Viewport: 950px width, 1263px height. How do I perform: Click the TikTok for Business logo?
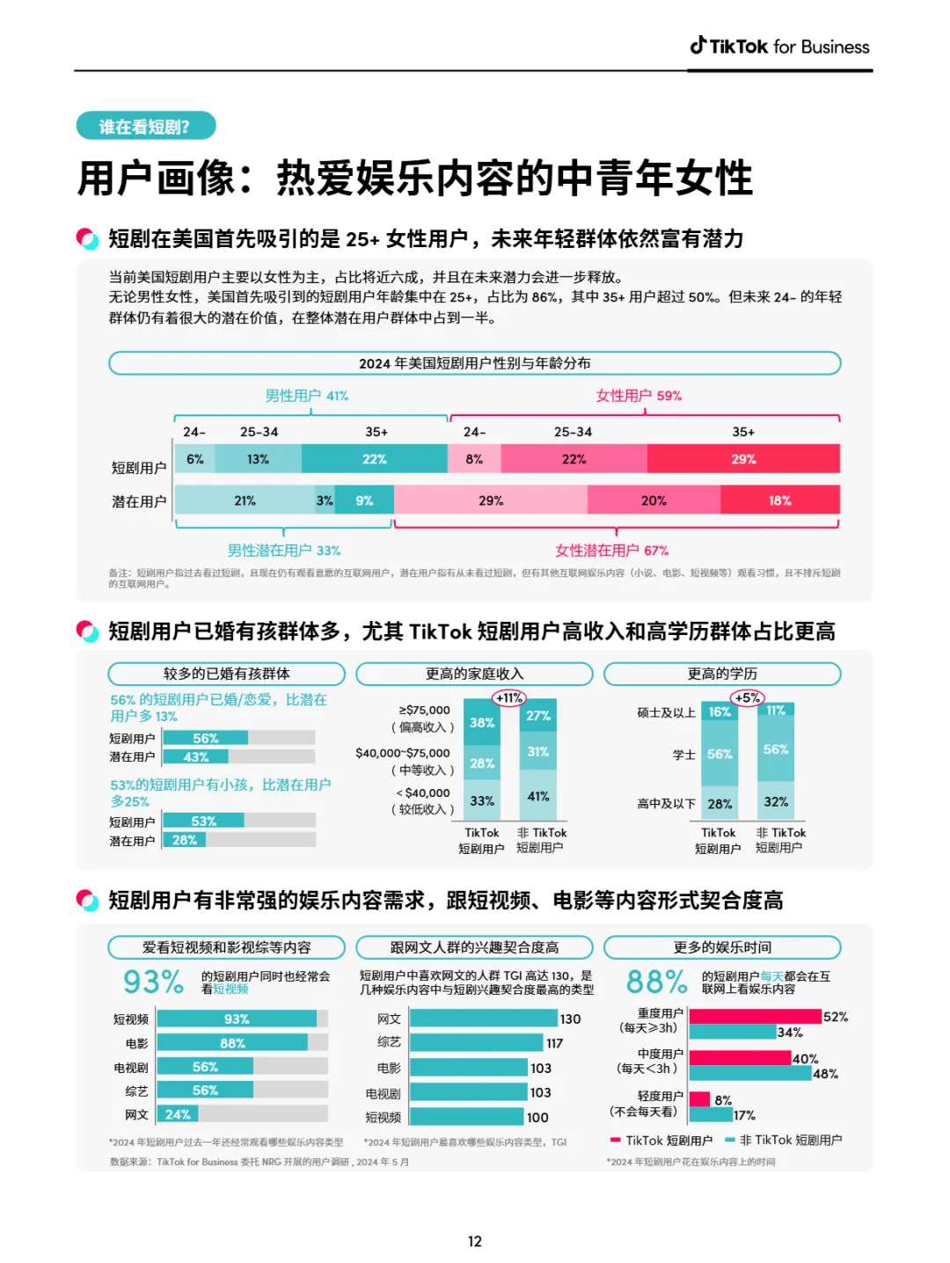tap(779, 47)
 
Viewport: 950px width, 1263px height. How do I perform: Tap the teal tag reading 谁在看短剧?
tap(145, 127)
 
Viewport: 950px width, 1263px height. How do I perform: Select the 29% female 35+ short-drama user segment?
tap(743, 459)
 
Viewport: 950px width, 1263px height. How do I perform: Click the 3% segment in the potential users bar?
tap(325, 500)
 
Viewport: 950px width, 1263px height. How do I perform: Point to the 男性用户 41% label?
tap(307, 396)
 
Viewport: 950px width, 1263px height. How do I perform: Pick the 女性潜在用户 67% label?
tap(611, 551)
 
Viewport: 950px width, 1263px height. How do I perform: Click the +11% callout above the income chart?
tap(509, 698)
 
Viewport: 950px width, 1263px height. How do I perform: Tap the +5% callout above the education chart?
tap(747, 698)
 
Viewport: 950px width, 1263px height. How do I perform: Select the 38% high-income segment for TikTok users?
tap(482, 723)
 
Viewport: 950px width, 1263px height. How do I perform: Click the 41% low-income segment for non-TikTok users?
tap(538, 796)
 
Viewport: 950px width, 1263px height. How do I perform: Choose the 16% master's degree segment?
tap(720, 712)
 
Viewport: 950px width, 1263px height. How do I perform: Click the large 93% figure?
tap(153, 982)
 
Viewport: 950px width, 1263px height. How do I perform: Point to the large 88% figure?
tap(656, 982)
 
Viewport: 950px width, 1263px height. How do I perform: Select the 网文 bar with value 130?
tap(484, 1018)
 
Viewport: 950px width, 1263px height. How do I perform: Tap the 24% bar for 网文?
tap(178, 1114)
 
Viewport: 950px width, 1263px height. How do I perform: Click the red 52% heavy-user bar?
tap(755, 1017)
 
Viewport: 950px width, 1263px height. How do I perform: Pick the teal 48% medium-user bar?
tap(749, 1074)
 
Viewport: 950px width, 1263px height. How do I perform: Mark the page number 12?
tap(475, 1241)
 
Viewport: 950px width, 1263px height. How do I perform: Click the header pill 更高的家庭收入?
tap(474, 674)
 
